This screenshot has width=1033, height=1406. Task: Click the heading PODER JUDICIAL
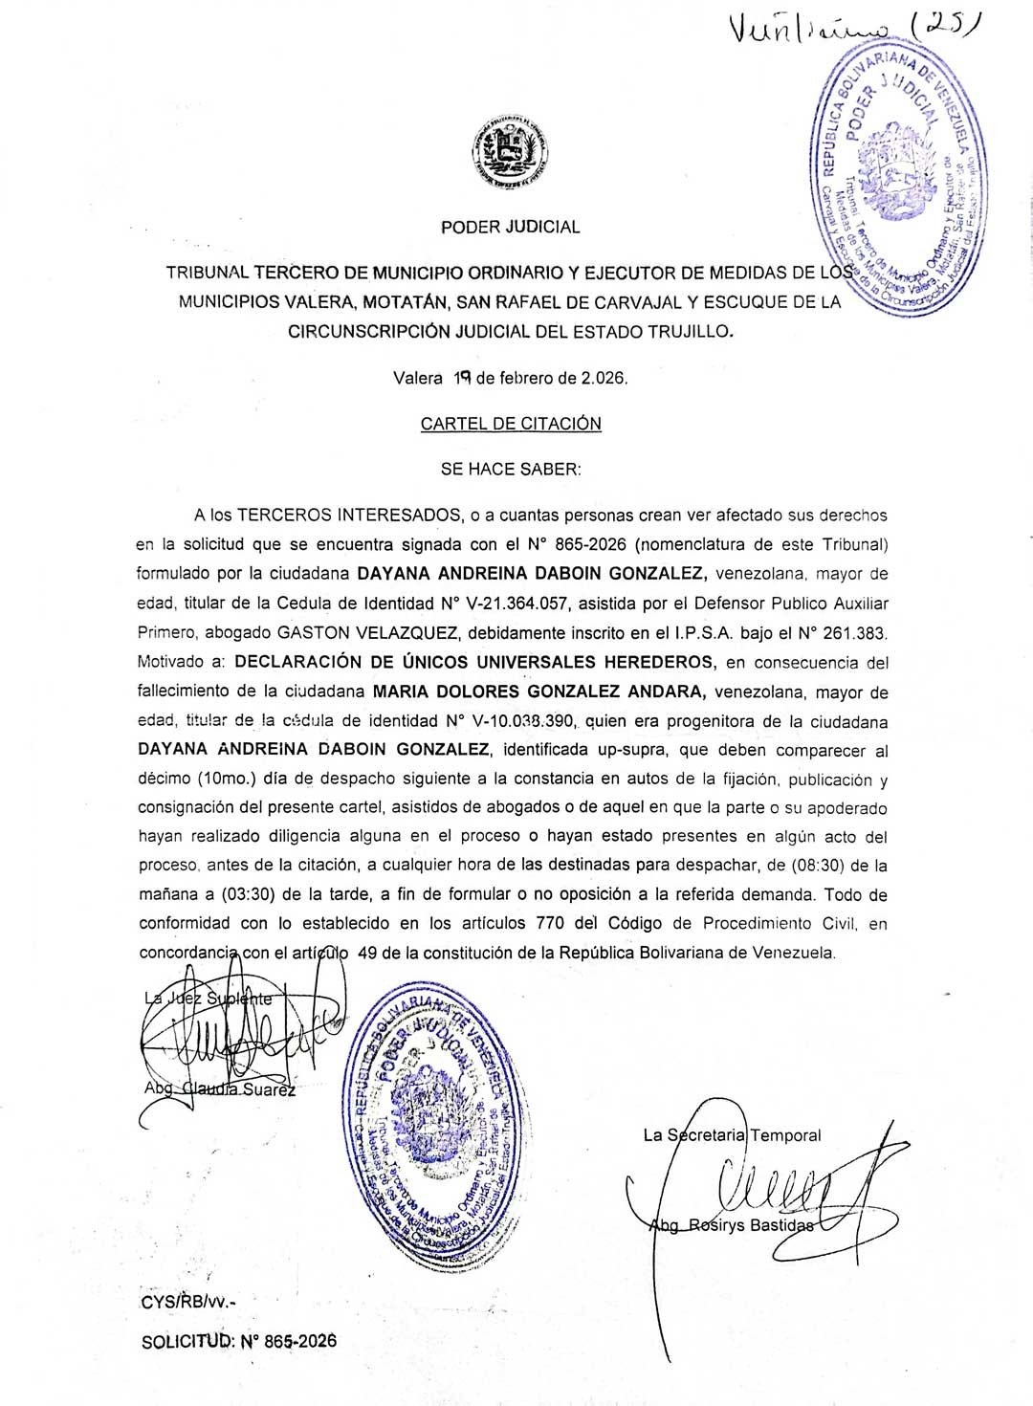(510, 228)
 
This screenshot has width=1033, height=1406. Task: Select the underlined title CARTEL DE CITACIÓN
(511, 424)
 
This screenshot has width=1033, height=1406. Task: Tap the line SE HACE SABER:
(510, 469)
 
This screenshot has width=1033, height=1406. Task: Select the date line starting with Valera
(511, 378)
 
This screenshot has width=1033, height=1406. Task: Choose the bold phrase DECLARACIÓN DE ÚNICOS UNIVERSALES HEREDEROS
(474, 662)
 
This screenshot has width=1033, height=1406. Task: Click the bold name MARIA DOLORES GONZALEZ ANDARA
(539, 692)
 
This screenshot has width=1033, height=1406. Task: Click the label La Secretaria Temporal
(732, 1135)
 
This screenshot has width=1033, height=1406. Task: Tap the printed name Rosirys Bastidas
(748, 1225)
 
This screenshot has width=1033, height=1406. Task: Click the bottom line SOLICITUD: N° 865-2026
(239, 1341)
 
